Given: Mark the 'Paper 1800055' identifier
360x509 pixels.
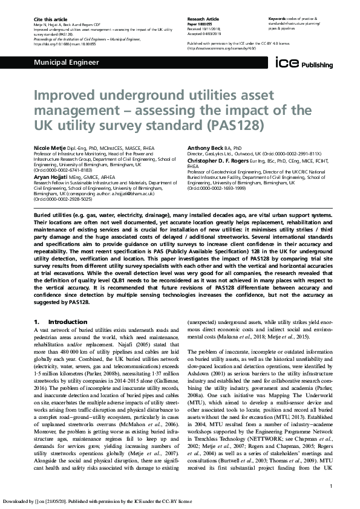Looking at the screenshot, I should click(200, 25).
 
